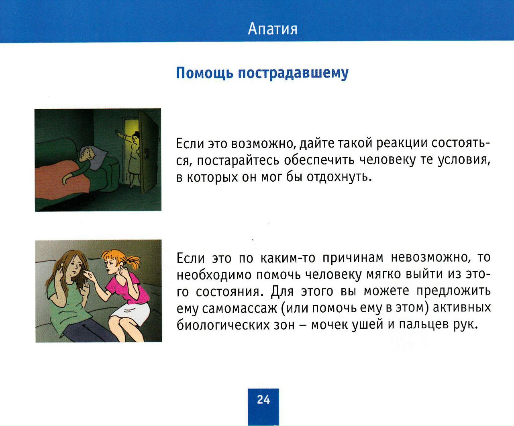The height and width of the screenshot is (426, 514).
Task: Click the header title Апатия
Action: coord(273,29)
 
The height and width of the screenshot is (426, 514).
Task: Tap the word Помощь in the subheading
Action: coord(204,73)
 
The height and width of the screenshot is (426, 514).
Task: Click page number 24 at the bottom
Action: coord(263,399)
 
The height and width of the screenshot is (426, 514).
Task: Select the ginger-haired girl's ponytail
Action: coord(133,262)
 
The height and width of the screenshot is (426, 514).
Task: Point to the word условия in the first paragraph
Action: coord(464,160)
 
